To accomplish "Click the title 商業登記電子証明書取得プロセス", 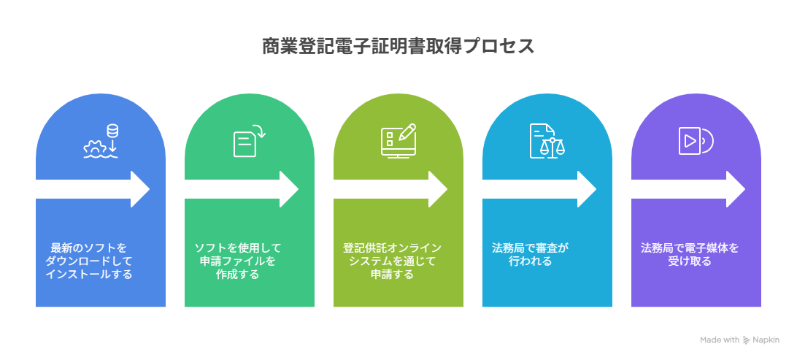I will point(398,47).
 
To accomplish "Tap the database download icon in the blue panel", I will point(101,142).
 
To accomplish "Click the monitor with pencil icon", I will point(398,142).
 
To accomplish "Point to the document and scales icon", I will point(547,141).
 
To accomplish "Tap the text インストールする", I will point(88,275).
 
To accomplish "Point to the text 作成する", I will point(238,275).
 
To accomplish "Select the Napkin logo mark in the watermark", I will point(746,340).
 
